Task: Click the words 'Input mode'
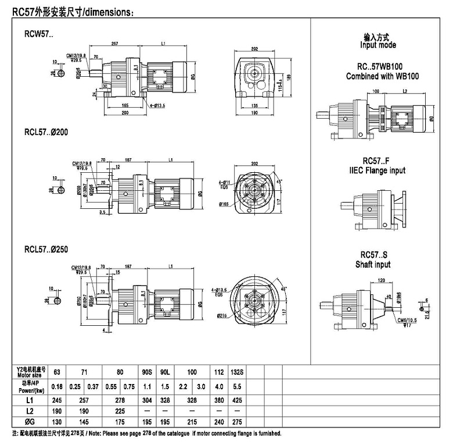[x=378, y=45]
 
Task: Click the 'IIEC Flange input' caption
[x=378, y=170]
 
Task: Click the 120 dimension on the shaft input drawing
[x=381, y=280]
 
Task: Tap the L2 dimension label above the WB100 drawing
[x=405, y=91]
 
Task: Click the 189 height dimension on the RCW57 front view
[x=289, y=76]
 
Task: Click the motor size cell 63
[x=56, y=371]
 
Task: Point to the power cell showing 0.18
[x=56, y=386]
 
